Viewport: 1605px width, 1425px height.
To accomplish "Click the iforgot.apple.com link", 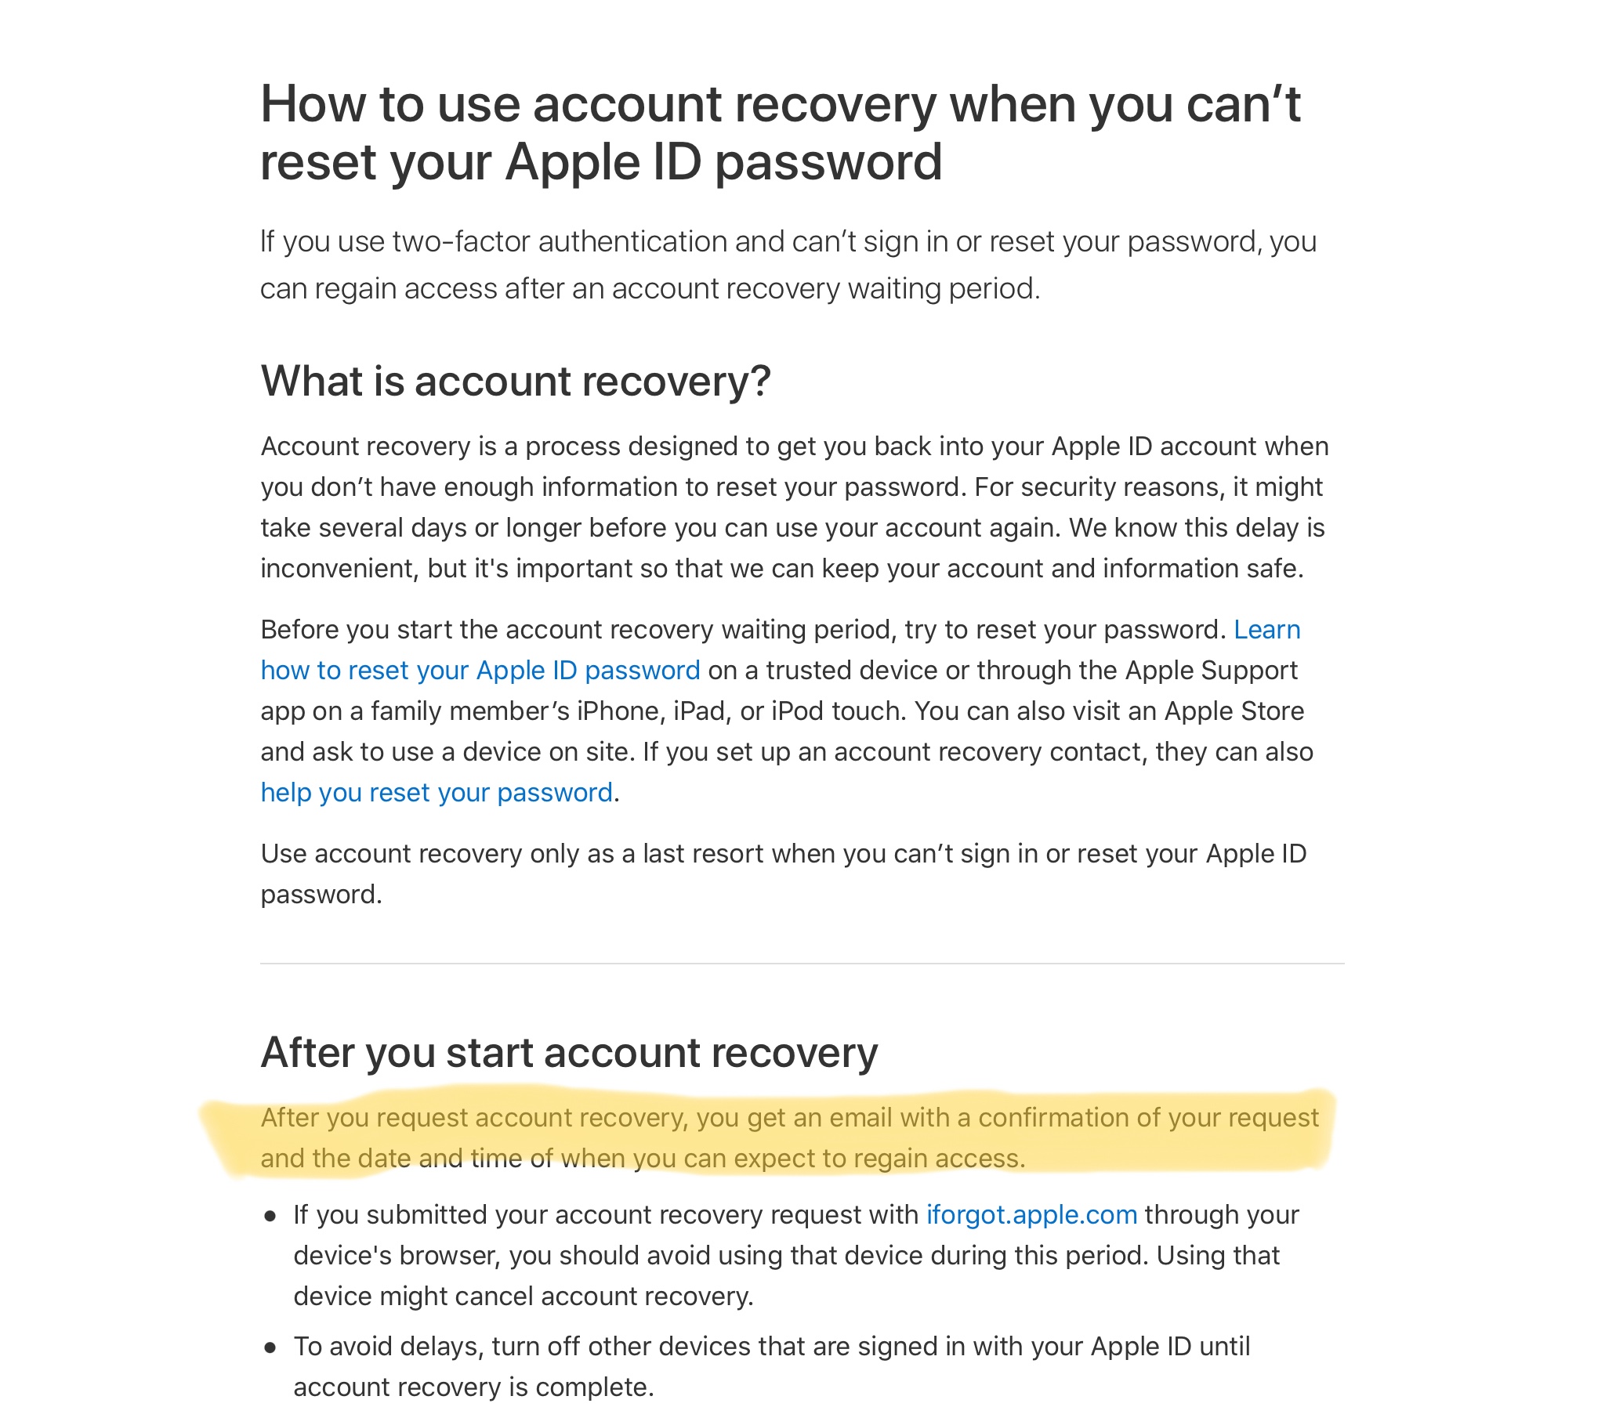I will click(1031, 1214).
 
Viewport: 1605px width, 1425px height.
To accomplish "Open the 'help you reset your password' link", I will click(436, 792).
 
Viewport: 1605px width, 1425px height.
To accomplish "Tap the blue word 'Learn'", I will click(1266, 630).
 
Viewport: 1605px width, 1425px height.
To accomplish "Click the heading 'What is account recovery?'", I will click(515, 382).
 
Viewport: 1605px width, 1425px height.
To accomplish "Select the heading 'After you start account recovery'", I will click(568, 1053).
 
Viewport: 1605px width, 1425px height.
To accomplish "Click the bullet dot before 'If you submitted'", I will click(271, 1217).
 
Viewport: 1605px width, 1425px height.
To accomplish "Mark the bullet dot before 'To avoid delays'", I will click(271, 1348).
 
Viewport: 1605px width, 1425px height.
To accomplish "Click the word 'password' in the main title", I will click(828, 162).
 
